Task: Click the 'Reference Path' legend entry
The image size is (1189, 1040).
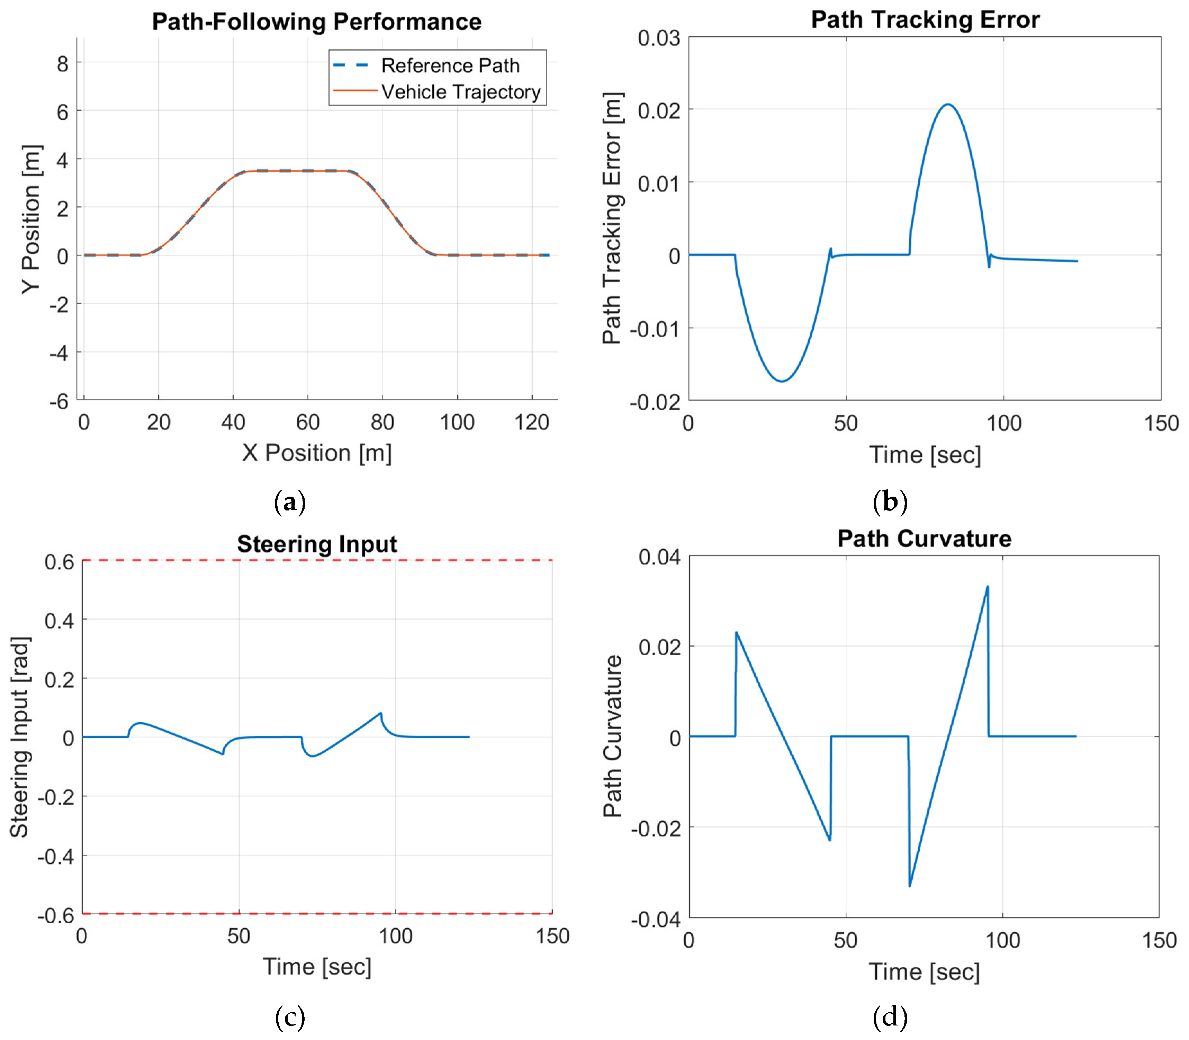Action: [450, 65]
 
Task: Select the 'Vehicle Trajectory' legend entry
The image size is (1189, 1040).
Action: [460, 92]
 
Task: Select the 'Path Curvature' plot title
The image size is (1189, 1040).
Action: [924, 539]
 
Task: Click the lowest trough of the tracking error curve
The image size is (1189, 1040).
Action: [782, 381]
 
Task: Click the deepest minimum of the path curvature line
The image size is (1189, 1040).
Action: [909, 886]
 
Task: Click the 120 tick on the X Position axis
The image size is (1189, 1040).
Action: [531, 422]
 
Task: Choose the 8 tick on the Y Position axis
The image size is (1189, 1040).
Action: [62, 63]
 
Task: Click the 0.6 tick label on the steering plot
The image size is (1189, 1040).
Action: [59, 562]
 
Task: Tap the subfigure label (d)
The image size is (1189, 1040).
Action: [890, 1017]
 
